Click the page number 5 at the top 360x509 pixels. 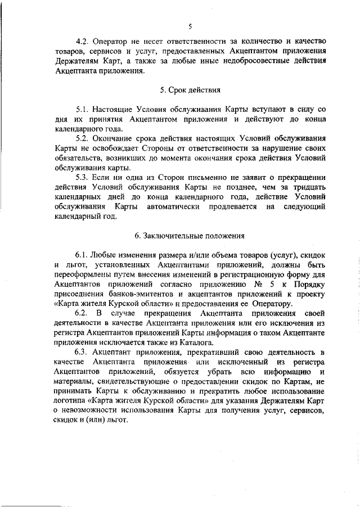click(190, 26)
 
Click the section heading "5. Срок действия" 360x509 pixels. click(190, 89)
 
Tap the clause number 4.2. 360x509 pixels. click(83, 42)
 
